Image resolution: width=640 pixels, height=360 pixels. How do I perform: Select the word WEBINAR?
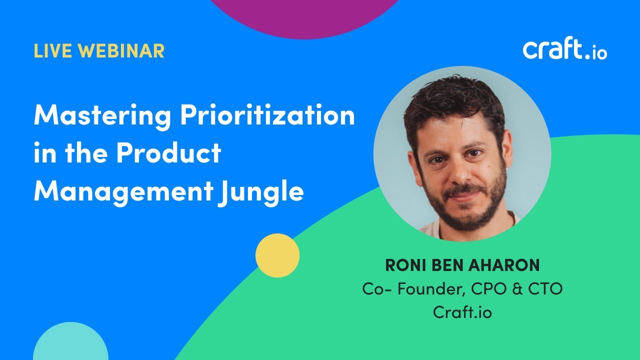pyautogui.click(x=121, y=51)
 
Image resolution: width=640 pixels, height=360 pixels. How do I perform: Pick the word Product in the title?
pyautogui.click(x=168, y=153)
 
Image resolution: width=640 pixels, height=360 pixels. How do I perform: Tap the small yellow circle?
pyautogui.click(x=277, y=255)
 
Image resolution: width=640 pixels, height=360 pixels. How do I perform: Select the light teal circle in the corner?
pyautogui.click(x=70, y=345)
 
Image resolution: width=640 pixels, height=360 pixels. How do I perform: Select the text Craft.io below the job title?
pyautogui.click(x=462, y=312)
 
